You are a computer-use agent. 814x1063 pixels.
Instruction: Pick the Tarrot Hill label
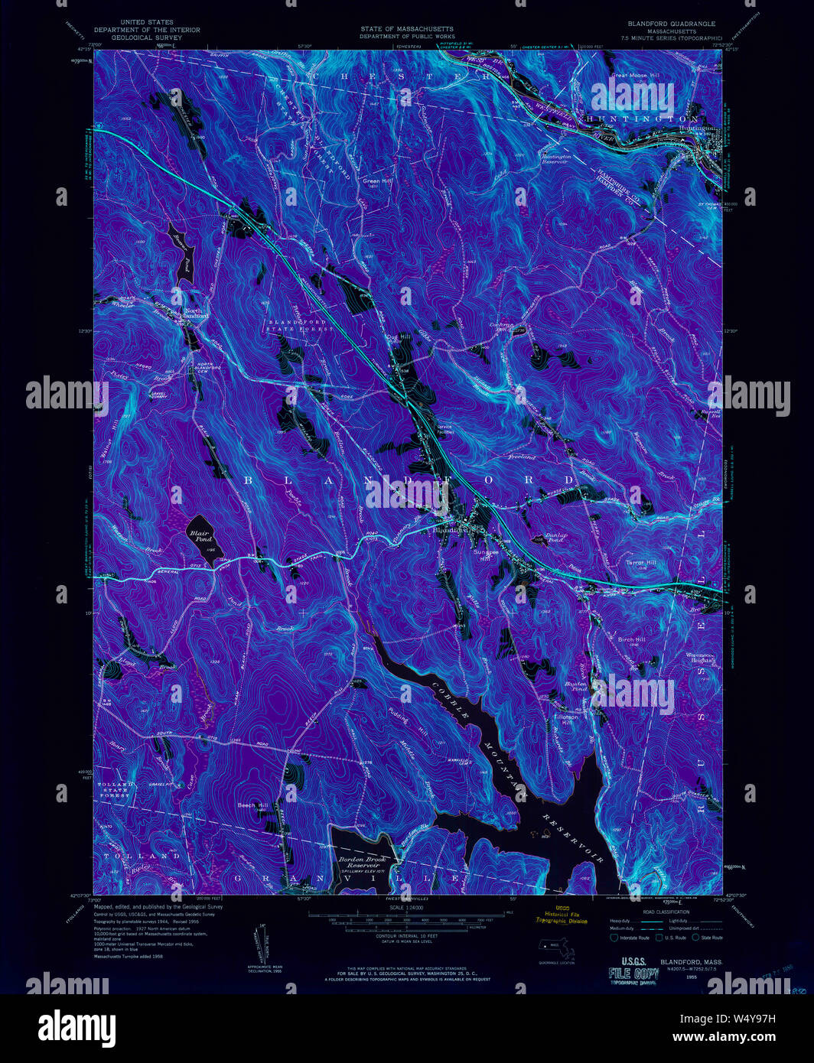[640, 562]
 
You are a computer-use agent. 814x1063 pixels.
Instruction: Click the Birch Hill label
[632, 639]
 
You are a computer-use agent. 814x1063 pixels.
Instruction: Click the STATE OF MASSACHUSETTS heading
[407, 29]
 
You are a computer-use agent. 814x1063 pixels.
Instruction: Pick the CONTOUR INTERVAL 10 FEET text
[406, 936]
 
